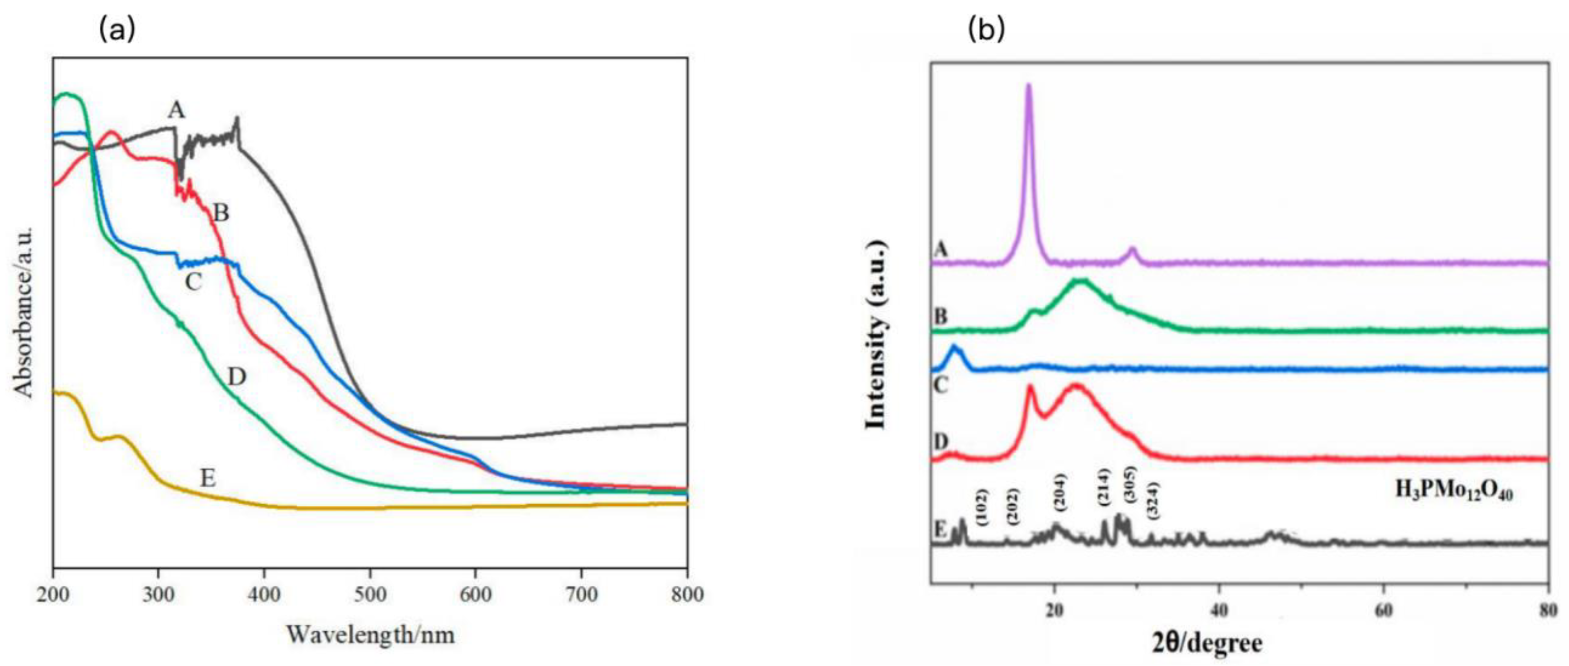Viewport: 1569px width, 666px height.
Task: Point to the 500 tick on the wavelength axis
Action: coord(370,594)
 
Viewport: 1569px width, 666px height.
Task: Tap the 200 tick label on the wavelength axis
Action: coord(54,594)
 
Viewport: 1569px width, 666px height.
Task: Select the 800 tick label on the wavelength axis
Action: coord(687,594)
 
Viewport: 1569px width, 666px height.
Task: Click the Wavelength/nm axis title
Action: coord(370,635)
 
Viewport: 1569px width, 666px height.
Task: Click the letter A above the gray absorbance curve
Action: coord(176,110)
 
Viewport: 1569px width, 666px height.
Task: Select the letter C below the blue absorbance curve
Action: coord(193,282)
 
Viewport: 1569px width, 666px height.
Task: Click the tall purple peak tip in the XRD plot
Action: coord(1029,85)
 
